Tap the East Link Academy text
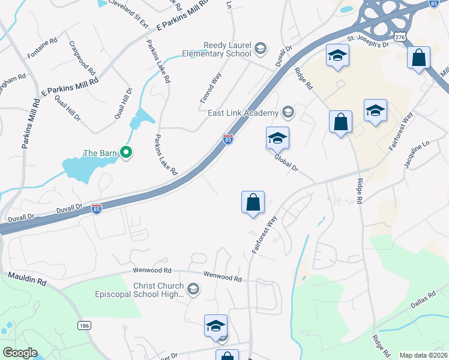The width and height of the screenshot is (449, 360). point(244,113)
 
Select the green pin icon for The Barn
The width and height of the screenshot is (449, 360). point(125,154)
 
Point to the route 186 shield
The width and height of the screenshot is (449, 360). point(83,325)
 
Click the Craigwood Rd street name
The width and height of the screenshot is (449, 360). point(82,58)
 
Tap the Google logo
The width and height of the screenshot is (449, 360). point(20,353)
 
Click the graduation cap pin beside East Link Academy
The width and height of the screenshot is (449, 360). point(277,138)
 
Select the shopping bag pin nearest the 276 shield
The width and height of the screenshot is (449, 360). point(419,58)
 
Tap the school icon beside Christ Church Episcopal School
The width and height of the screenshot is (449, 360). point(193,290)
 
